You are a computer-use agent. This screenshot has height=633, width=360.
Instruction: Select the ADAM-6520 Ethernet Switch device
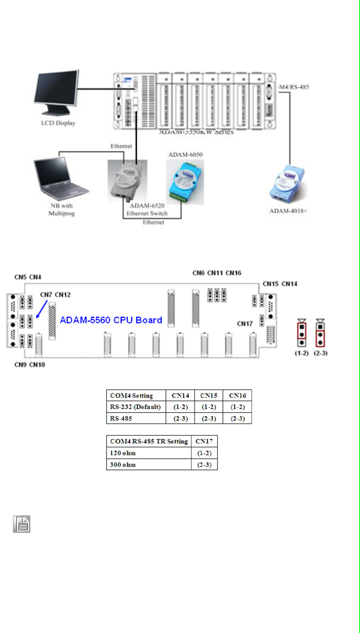tap(127, 180)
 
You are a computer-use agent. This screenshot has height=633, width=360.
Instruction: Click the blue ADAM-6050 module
tap(185, 182)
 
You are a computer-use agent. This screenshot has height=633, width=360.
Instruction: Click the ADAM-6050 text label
tap(185, 155)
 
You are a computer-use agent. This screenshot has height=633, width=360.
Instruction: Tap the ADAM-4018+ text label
tap(288, 211)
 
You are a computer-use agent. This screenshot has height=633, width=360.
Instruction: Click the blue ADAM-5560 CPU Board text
tap(111, 320)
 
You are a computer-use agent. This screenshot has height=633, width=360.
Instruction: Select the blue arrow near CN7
tap(41, 309)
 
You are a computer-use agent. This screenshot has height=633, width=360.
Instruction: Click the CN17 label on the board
tap(245, 324)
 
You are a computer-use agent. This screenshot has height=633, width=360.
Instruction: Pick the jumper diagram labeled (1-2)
tap(301, 333)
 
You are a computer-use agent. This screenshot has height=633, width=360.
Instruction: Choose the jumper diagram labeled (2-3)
tap(320, 333)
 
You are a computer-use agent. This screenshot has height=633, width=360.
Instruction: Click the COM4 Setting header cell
tap(136, 395)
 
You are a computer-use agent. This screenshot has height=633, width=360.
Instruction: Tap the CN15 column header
tap(209, 395)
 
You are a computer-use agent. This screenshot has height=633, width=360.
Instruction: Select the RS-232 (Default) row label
tap(136, 407)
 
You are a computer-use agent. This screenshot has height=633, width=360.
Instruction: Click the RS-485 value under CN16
tap(237, 418)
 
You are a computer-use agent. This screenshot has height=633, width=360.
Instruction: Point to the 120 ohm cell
tap(149, 453)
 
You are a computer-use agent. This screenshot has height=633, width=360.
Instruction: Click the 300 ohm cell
tap(149, 465)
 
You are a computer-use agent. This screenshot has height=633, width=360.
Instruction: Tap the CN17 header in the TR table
tap(204, 441)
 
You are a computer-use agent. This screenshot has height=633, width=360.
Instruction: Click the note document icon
tap(22, 524)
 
